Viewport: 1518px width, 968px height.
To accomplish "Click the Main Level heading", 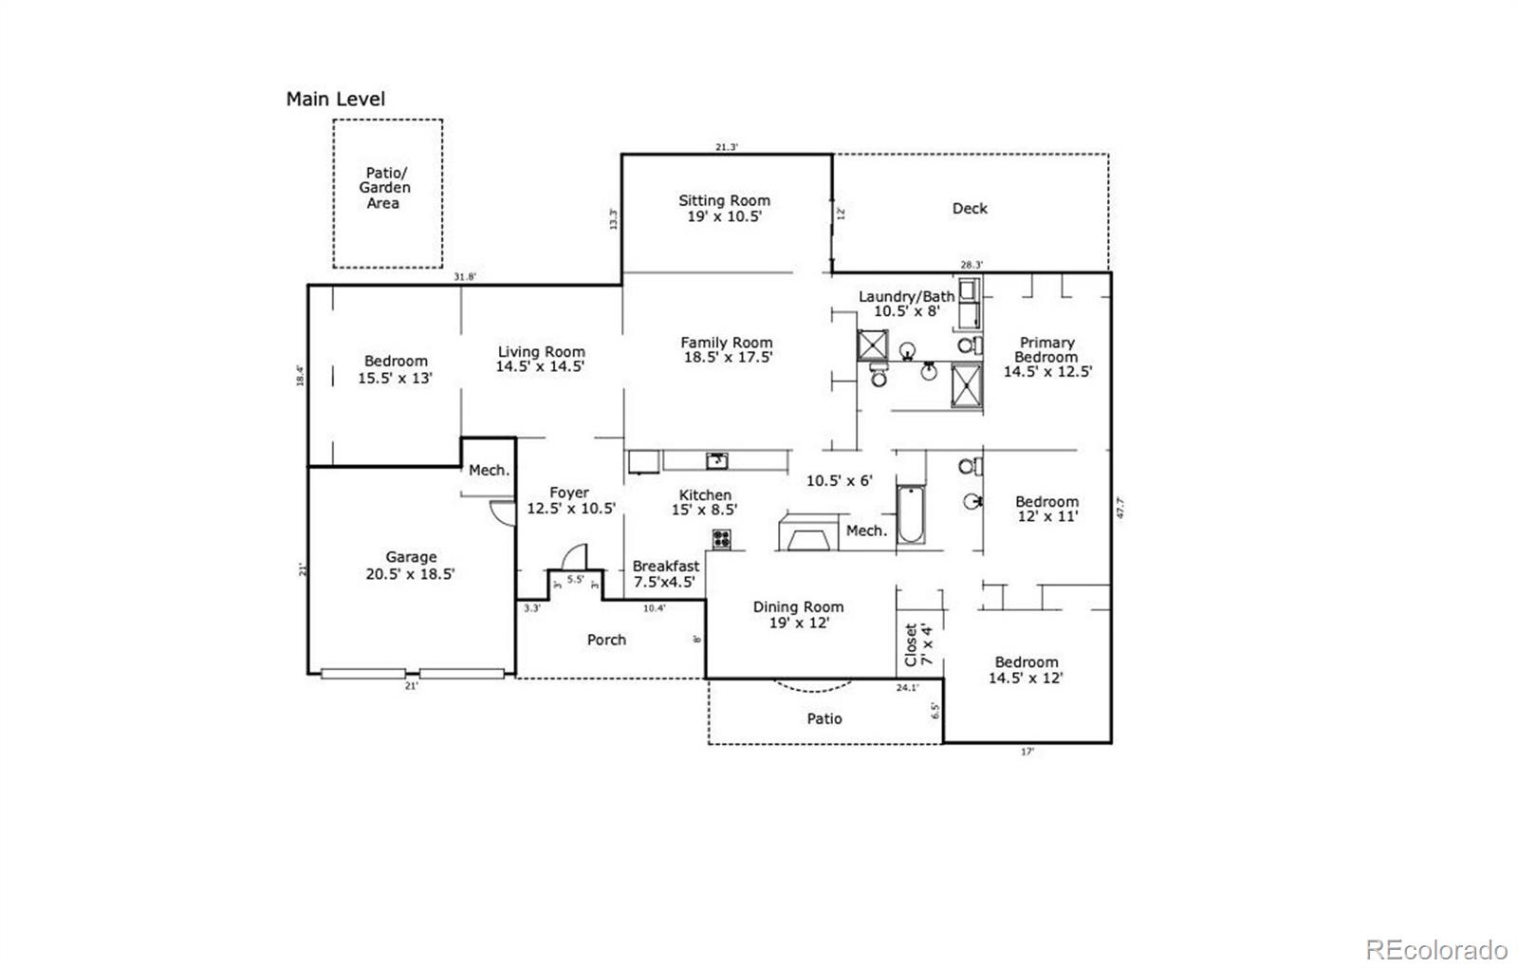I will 335,99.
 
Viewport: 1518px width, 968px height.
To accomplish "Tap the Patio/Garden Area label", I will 384,188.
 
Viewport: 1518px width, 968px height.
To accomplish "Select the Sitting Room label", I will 724,208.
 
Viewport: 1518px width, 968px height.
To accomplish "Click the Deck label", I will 970,208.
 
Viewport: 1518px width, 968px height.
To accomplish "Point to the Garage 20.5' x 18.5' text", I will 411,566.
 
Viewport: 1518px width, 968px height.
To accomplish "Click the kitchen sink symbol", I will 717,461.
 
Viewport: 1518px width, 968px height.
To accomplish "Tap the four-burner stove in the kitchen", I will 722,539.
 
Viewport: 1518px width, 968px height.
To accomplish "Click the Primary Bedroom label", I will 1047,357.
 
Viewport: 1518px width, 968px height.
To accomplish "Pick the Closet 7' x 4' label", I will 918,643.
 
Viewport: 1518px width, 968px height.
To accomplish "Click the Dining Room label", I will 798,615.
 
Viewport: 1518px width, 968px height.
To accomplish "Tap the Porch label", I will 606,640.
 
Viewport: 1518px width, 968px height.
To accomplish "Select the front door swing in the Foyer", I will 574,556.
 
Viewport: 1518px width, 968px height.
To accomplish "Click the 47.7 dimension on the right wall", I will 1120,508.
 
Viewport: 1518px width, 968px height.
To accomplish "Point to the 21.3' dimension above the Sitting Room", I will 726,147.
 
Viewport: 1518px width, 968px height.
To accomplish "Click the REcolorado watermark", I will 1435,949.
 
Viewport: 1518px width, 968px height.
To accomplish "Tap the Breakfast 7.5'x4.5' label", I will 665,574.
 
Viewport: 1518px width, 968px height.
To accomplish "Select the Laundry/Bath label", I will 906,304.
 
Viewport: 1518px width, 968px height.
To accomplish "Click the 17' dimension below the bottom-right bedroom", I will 1027,751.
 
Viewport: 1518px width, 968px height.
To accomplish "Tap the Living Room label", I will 541,359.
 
